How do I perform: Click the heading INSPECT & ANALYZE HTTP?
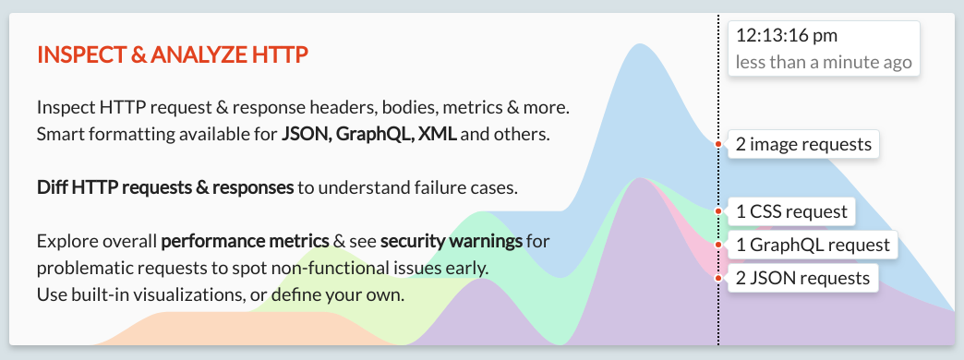click(172, 55)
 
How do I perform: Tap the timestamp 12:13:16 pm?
click(787, 36)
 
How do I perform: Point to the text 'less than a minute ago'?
click(824, 63)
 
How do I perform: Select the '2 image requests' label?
click(803, 145)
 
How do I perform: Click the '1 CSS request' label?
click(791, 211)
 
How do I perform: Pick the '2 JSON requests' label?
click(802, 278)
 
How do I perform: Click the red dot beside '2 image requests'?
click(718, 144)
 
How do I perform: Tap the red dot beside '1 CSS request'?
click(718, 211)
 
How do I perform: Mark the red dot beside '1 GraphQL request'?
click(718, 245)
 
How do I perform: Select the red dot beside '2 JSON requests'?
click(718, 277)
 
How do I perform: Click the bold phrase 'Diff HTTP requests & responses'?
click(165, 188)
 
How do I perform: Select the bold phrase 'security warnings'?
click(451, 242)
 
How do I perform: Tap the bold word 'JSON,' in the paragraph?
click(306, 134)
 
